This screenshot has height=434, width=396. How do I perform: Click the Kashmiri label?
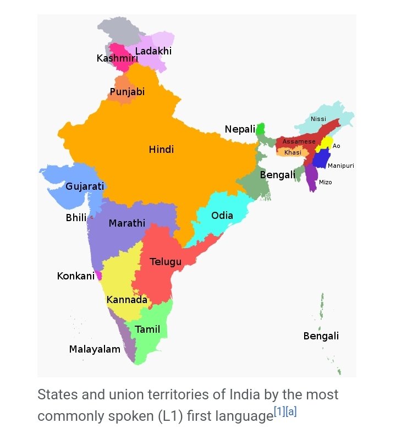pyautogui.click(x=117, y=58)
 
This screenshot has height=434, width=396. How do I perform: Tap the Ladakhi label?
pyautogui.click(x=153, y=51)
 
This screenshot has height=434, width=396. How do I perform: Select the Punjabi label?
pyautogui.click(x=127, y=92)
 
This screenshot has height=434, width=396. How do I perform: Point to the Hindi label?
pyautogui.click(x=161, y=150)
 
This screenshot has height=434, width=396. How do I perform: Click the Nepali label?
pyautogui.click(x=240, y=129)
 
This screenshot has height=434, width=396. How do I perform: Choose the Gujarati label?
pyautogui.click(x=85, y=186)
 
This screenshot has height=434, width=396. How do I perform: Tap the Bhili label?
pyautogui.click(x=76, y=218)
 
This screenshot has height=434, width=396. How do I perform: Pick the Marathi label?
pyautogui.click(x=127, y=223)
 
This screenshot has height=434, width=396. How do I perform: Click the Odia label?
pyautogui.click(x=222, y=216)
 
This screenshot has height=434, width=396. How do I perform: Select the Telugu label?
pyautogui.click(x=166, y=262)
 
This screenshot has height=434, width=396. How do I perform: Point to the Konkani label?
pyautogui.click(x=76, y=276)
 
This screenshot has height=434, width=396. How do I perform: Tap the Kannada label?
pyautogui.click(x=127, y=300)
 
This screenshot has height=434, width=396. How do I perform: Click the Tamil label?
pyautogui.click(x=147, y=329)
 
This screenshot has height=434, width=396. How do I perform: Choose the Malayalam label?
pyautogui.click(x=95, y=349)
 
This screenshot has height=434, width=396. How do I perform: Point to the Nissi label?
pyautogui.click(x=318, y=119)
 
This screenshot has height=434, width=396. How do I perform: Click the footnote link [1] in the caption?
pyautogui.click(x=279, y=411)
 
